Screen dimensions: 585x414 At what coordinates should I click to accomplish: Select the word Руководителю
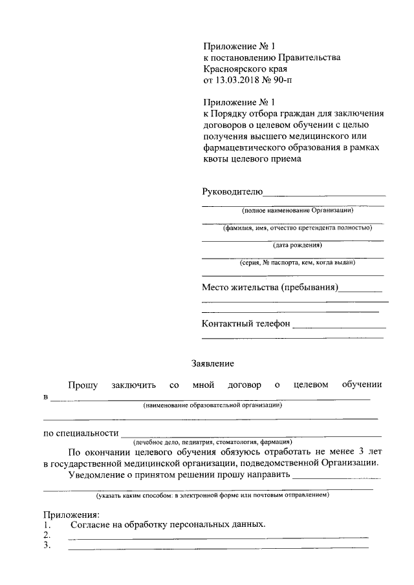click(232, 191)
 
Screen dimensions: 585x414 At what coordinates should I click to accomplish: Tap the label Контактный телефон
click(246, 324)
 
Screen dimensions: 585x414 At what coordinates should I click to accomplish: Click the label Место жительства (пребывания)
click(270, 288)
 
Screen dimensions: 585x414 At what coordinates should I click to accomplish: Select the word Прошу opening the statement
click(83, 385)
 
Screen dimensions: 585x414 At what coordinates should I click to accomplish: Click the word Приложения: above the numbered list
click(71, 515)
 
